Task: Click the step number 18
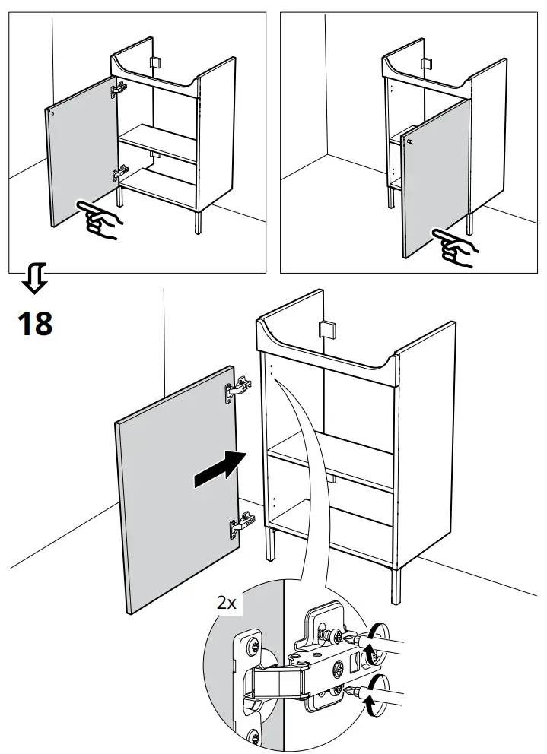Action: (x=35, y=322)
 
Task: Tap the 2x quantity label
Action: (x=227, y=604)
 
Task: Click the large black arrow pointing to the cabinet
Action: (x=220, y=469)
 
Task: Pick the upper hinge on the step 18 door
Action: (x=237, y=389)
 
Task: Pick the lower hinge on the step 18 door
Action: (x=239, y=524)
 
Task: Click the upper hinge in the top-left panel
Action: (x=118, y=90)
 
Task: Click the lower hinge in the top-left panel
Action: (x=118, y=175)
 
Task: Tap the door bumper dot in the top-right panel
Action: (x=410, y=141)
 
